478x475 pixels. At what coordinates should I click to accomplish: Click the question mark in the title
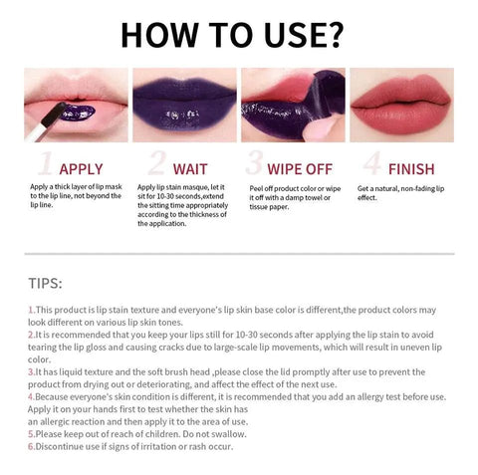[333, 35]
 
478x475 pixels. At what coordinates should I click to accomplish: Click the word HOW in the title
[160, 35]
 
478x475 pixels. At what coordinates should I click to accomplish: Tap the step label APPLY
[81, 169]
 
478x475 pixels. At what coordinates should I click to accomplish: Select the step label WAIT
[190, 169]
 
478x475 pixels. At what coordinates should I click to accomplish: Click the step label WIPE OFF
[300, 169]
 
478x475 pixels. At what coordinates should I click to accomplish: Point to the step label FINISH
[411, 169]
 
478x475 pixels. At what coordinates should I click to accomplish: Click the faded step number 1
[46, 163]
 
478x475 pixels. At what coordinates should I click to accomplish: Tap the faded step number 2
[156, 162]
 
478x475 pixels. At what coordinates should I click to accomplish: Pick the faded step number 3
[254, 162]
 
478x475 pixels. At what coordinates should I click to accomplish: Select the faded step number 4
[371, 162]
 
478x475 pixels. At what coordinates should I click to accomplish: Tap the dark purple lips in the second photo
[184, 106]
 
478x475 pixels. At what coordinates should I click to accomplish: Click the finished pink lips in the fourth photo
[401, 105]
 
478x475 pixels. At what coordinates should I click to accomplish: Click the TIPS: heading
[45, 284]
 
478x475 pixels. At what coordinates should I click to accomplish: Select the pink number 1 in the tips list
[31, 310]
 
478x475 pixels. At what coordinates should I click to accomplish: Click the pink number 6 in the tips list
[31, 446]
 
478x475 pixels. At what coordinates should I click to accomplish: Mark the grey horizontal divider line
[239, 254]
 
